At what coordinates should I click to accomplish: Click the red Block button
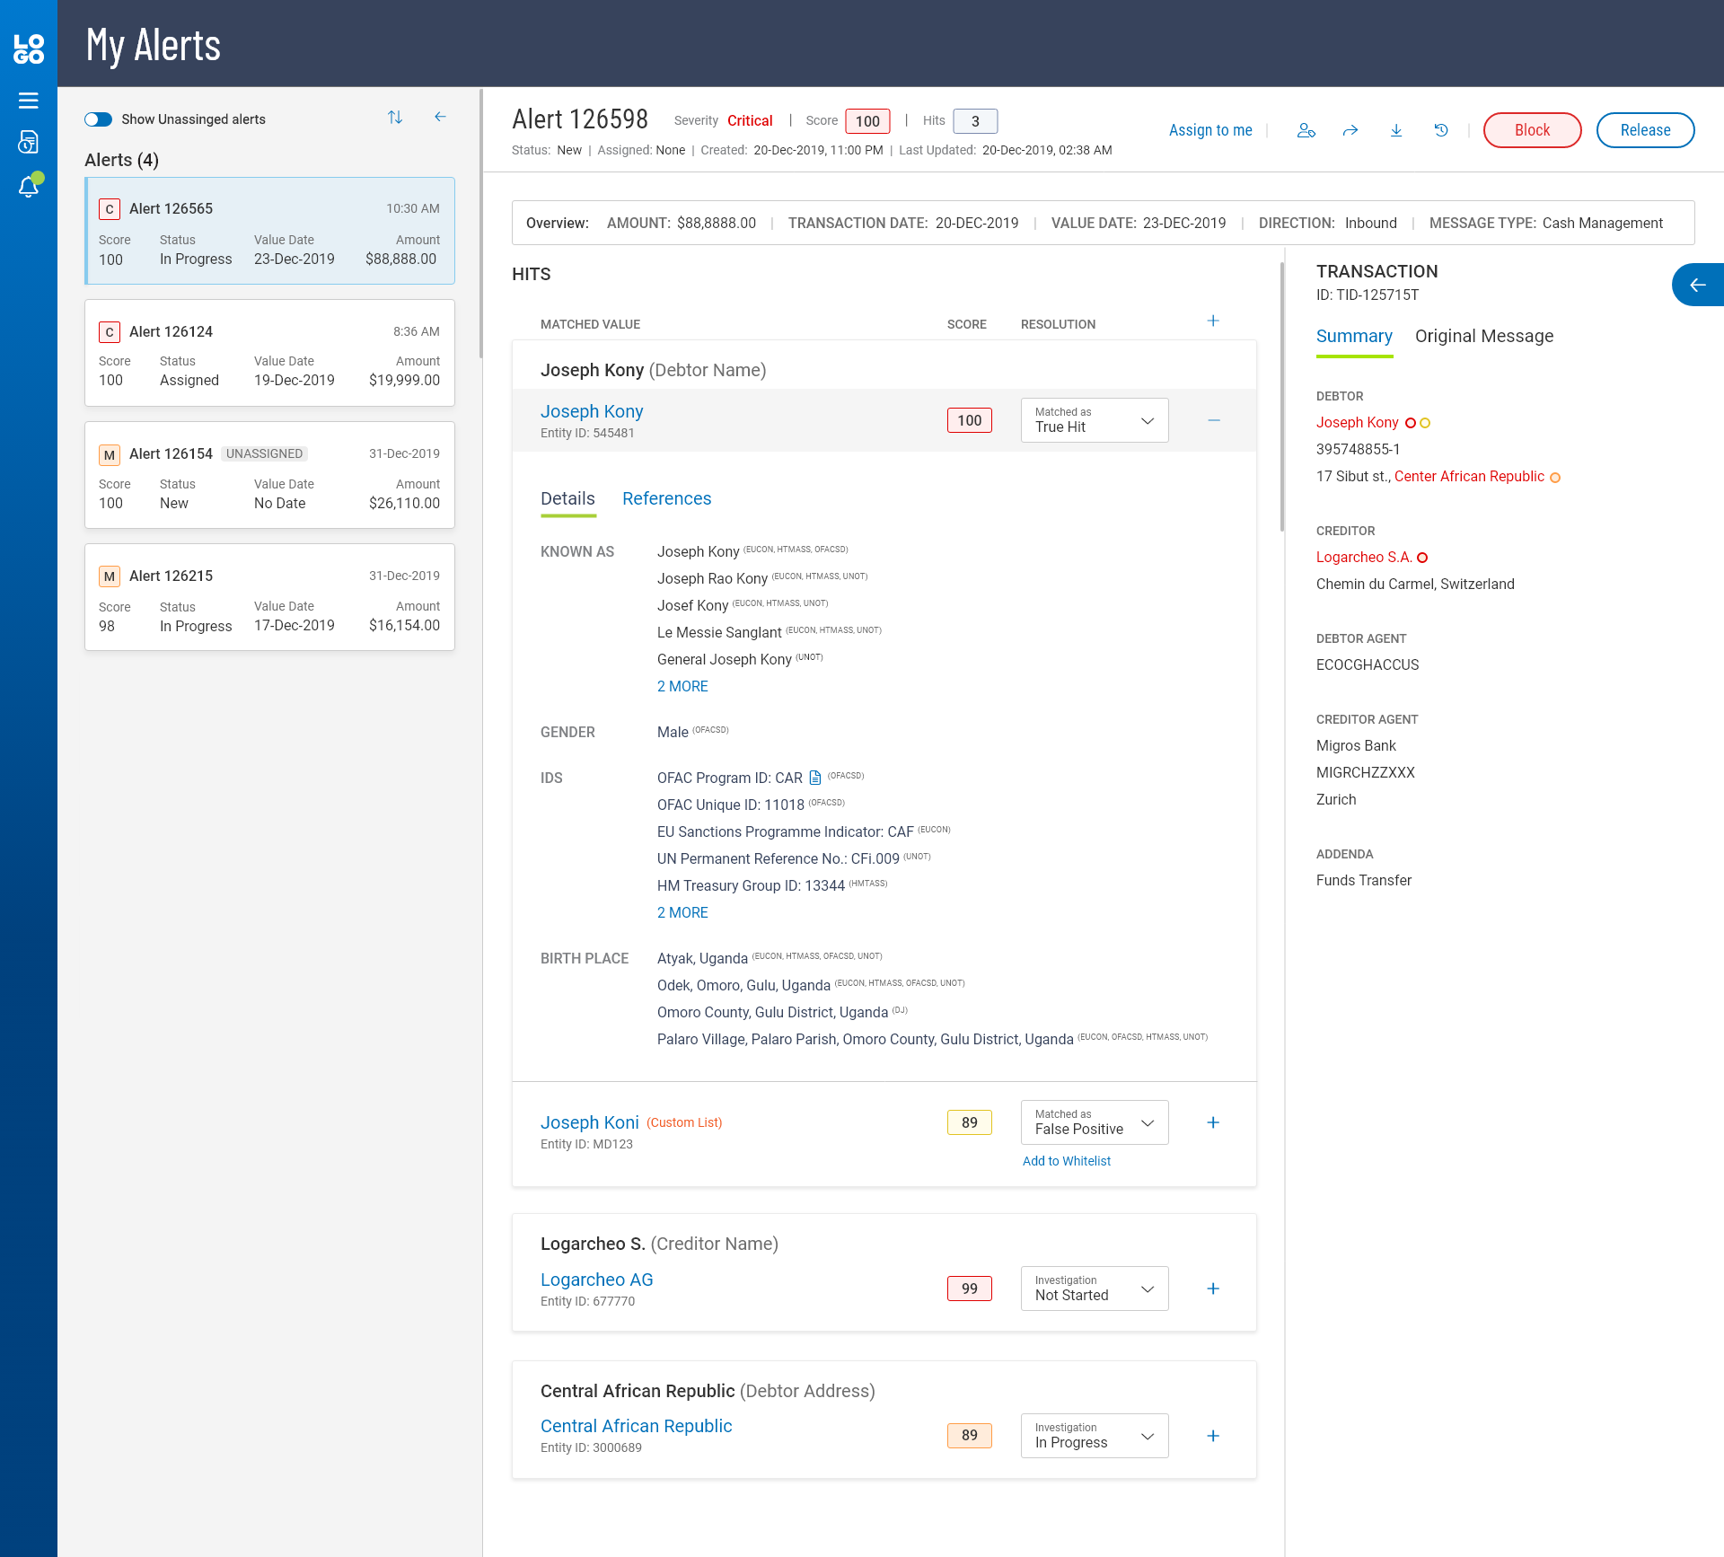tap(1532, 130)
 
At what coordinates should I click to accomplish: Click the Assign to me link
tap(1209, 130)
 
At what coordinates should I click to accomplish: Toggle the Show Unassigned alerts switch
tap(99, 119)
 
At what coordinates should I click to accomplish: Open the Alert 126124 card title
tap(171, 331)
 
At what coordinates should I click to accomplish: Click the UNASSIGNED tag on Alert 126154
tap(264, 453)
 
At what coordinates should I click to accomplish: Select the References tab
tap(666, 498)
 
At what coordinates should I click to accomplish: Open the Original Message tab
tap(1483, 336)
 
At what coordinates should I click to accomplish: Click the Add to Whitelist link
tap(1066, 1161)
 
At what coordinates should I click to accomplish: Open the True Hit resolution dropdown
tap(1094, 420)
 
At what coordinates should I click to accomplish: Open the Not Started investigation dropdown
tap(1094, 1289)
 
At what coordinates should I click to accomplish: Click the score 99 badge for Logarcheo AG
tap(969, 1289)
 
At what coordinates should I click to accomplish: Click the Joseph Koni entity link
tap(589, 1122)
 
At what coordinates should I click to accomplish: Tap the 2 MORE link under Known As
tap(682, 686)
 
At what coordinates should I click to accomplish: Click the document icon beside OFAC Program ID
tap(815, 778)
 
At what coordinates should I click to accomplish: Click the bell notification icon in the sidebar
tap(29, 187)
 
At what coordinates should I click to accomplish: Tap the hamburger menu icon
tap(29, 101)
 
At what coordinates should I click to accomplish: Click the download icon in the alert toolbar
tap(1396, 130)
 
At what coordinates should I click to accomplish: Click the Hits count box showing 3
tap(974, 121)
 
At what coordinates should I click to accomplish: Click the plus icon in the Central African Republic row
tap(1212, 1436)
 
